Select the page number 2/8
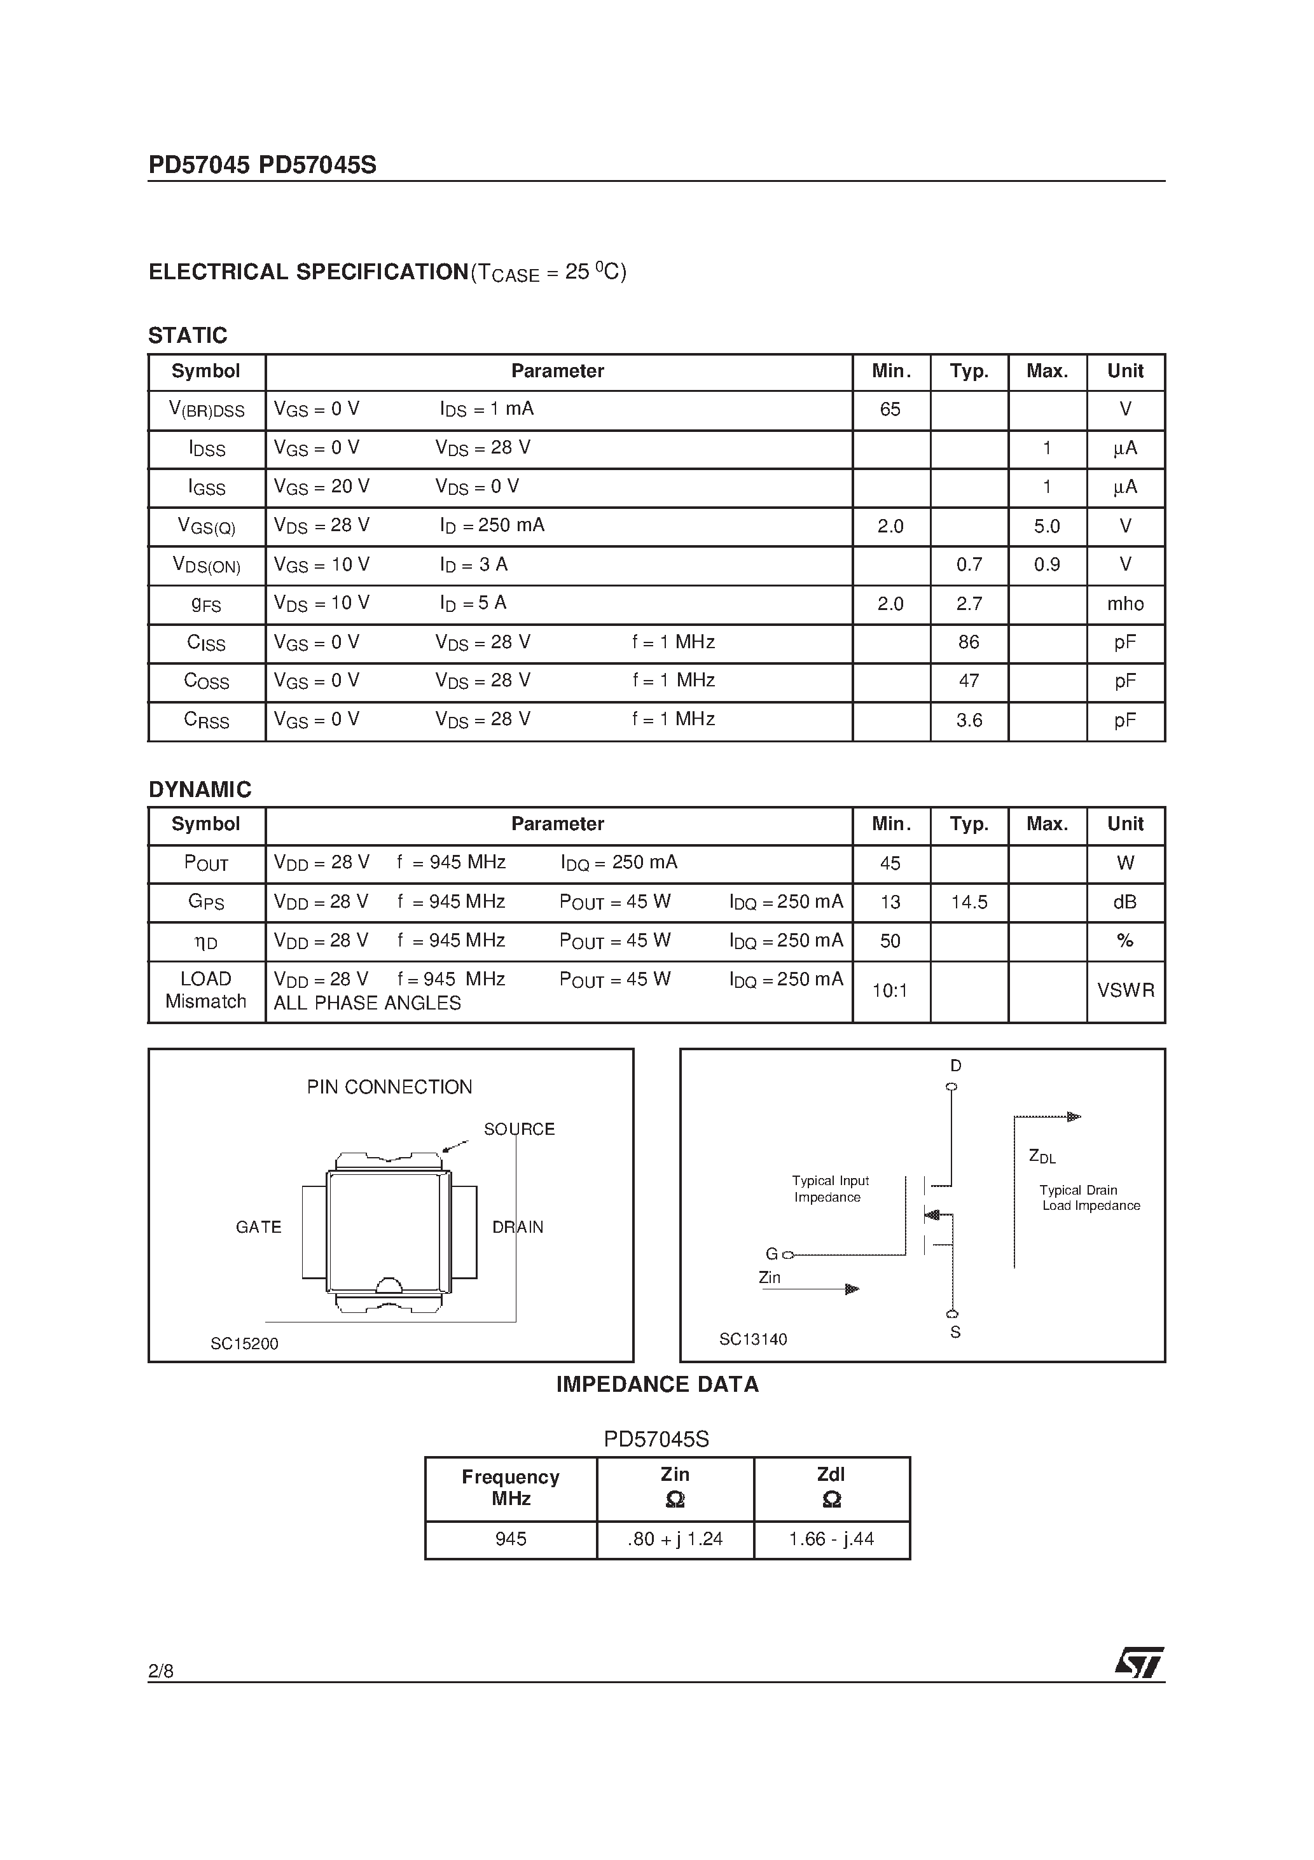pos(160,1670)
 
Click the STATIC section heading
pos(187,335)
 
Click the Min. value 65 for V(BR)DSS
pos(890,410)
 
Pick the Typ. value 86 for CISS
pos(968,642)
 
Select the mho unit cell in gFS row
pos(1124,604)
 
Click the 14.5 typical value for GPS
pos(968,903)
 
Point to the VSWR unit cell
pos(1124,991)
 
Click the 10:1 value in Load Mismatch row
pos(890,991)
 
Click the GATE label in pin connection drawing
pos(258,1227)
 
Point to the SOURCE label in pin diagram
pos(518,1129)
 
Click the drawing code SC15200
pos(244,1344)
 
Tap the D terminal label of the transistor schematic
pos(955,1066)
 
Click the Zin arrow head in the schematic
pos(852,1289)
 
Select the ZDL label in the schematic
pos(1042,1157)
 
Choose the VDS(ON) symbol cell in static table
pos(207,566)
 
